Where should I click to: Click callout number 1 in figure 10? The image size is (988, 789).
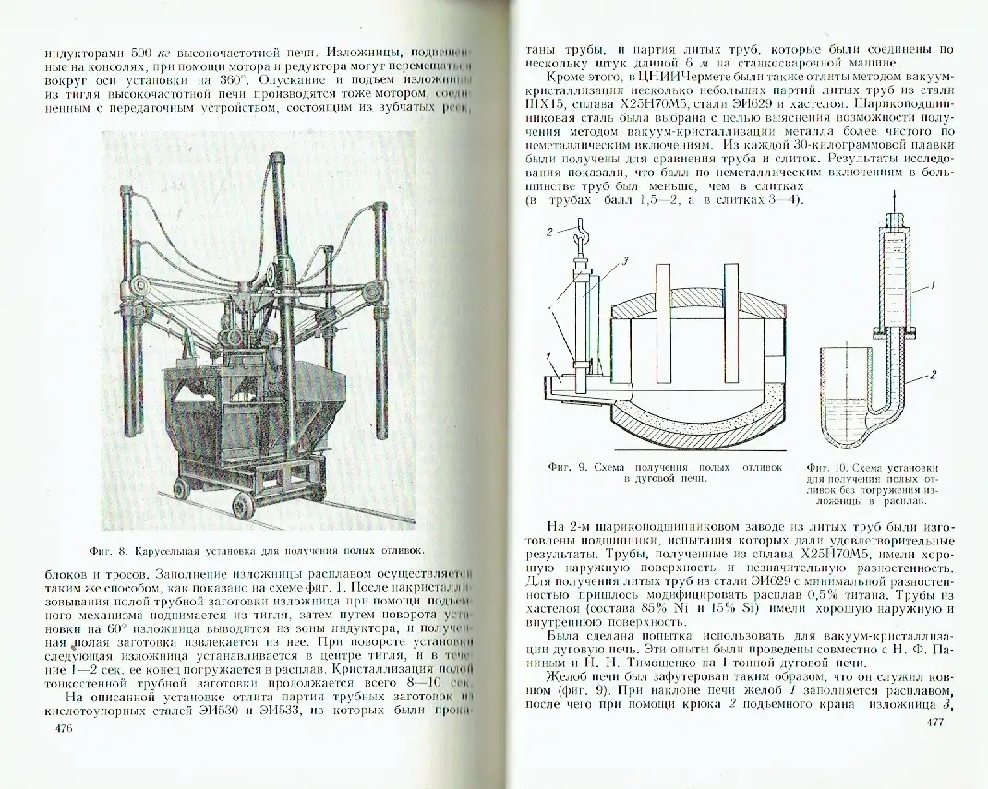934,287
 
